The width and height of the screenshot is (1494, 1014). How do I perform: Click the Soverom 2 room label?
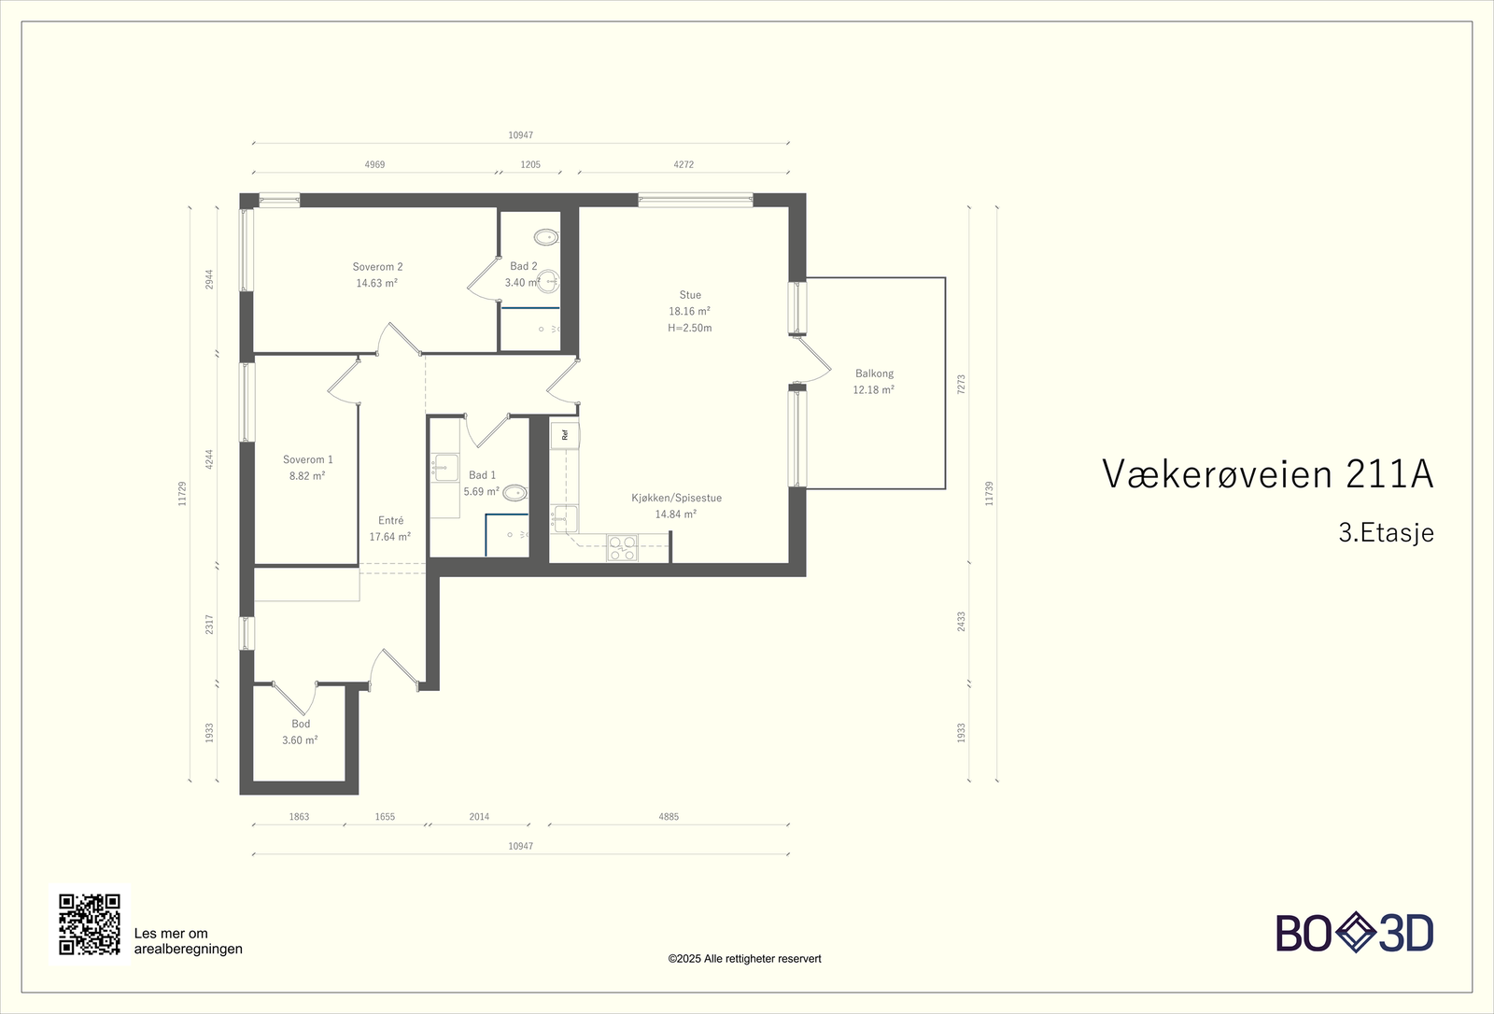tap(377, 267)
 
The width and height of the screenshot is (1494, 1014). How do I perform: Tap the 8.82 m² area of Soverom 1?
tap(307, 476)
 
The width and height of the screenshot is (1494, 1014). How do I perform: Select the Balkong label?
tap(874, 373)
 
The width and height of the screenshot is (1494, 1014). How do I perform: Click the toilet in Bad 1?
tap(514, 492)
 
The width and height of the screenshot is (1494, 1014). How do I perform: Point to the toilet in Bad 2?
tap(546, 236)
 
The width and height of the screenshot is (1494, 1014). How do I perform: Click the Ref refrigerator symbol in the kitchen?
tap(565, 434)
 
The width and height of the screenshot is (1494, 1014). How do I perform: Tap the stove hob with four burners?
tap(622, 548)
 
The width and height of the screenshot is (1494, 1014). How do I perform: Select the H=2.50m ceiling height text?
tap(689, 329)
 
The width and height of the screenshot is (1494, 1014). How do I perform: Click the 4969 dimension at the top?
tap(374, 164)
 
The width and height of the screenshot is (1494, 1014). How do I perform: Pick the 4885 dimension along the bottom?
tap(669, 817)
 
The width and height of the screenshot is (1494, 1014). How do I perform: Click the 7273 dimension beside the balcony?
tap(961, 384)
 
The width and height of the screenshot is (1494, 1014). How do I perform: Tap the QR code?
tap(90, 924)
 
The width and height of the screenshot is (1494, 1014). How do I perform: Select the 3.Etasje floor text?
tap(1386, 533)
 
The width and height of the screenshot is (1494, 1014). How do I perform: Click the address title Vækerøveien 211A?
tap(1267, 474)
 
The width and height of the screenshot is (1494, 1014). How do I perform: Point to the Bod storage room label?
tap(301, 724)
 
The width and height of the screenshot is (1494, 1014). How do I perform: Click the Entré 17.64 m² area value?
tap(390, 537)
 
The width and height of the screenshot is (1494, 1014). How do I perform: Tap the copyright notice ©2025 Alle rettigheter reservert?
tap(744, 959)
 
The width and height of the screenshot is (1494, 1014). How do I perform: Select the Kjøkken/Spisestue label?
tap(676, 499)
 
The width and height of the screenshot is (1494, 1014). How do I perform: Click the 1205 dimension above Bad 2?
tap(530, 164)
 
